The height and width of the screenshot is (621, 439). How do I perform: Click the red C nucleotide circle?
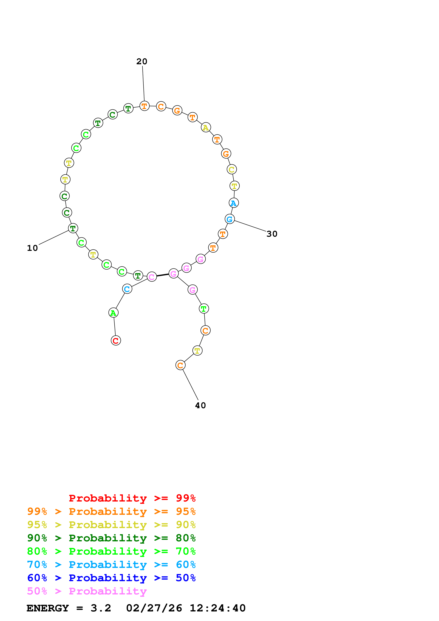pyautogui.click(x=116, y=341)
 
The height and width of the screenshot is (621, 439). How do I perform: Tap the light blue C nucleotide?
pyautogui.click(x=127, y=289)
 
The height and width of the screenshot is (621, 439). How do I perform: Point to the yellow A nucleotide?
pyautogui.click(x=206, y=127)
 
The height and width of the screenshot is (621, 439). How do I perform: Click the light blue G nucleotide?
pyautogui.click(x=230, y=219)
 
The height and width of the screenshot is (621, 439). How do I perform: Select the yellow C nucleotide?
pyautogui.click(x=231, y=170)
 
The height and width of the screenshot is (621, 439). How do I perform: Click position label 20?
pyautogui.click(x=142, y=62)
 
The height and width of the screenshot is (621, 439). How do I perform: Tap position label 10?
pyautogui.click(x=32, y=248)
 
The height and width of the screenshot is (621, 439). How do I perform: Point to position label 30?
pyautogui.click(x=272, y=234)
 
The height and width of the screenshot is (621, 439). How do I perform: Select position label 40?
pyautogui.click(x=200, y=405)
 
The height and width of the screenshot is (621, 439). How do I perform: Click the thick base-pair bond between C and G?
pyautogui.click(x=163, y=275)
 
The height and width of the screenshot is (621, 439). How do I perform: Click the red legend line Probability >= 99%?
pyautogui.click(x=132, y=498)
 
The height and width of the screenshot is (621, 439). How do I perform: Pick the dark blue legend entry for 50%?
pyautogui.click(x=111, y=578)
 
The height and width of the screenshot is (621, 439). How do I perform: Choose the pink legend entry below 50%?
pyautogui.click(x=87, y=591)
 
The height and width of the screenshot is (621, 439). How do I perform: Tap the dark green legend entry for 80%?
pyautogui.click(x=111, y=538)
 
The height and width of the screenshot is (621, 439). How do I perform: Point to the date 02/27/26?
pyautogui.click(x=154, y=608)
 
